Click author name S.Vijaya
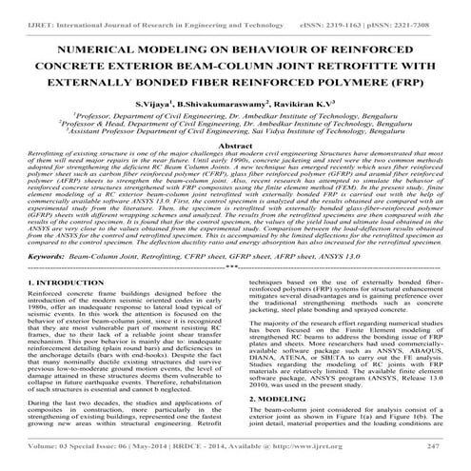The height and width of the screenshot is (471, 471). click(x=185, y=101)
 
